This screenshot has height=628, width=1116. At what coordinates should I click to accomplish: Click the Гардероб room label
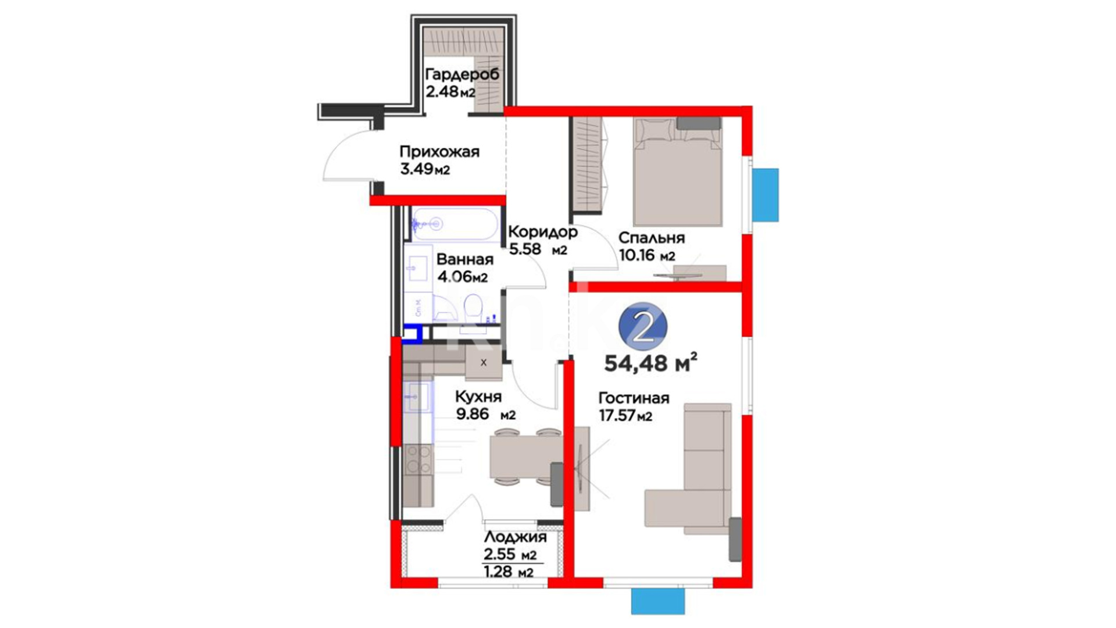click(463, 75)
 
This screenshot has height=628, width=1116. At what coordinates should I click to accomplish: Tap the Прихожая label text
click(439, 152)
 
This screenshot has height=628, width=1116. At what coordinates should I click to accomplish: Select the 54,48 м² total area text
click(651, 363)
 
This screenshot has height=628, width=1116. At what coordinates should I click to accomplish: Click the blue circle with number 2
click(643, 327)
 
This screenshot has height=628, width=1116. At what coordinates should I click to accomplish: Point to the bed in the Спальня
click(678, 172)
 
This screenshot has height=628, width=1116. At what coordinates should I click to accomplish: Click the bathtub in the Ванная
click(455, 224)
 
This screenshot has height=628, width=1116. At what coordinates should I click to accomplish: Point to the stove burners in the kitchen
click(418, 459)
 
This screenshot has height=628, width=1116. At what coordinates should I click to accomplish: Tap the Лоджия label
click(515, 538)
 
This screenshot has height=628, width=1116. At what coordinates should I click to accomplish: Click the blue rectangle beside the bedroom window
click(766, 195)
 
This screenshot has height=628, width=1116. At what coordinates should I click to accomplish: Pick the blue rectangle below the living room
click(657, 601)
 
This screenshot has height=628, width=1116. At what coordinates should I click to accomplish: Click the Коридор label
click(543, 232)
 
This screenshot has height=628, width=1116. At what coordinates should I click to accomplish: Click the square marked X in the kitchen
click(484, 363)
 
